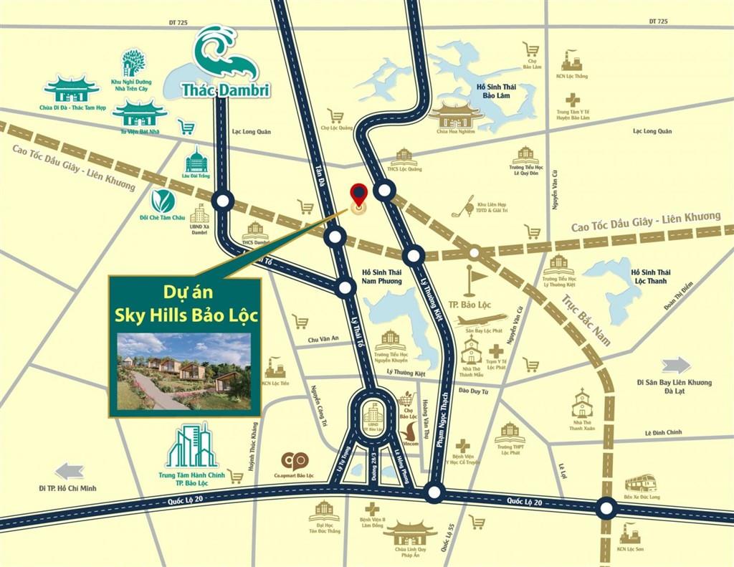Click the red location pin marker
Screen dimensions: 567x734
(x=358, y=194)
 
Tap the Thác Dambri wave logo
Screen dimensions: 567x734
(x=225, y=54)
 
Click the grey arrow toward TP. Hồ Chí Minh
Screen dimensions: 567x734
(x=70, y=471)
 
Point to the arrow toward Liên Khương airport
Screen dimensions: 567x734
(x=676, y=365)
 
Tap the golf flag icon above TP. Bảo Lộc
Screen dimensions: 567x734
(x=471, y=281)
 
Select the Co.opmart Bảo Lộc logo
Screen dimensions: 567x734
(x=294, y=461)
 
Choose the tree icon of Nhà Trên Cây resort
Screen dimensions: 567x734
(x=133, y=62)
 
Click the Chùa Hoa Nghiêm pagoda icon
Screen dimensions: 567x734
(x=456, y=114)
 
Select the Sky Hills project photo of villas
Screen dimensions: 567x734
(x=183, y=371)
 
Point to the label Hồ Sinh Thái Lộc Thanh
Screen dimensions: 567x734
(x=650, y=277)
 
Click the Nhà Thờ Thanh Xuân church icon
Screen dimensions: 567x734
(x=582, y=404)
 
